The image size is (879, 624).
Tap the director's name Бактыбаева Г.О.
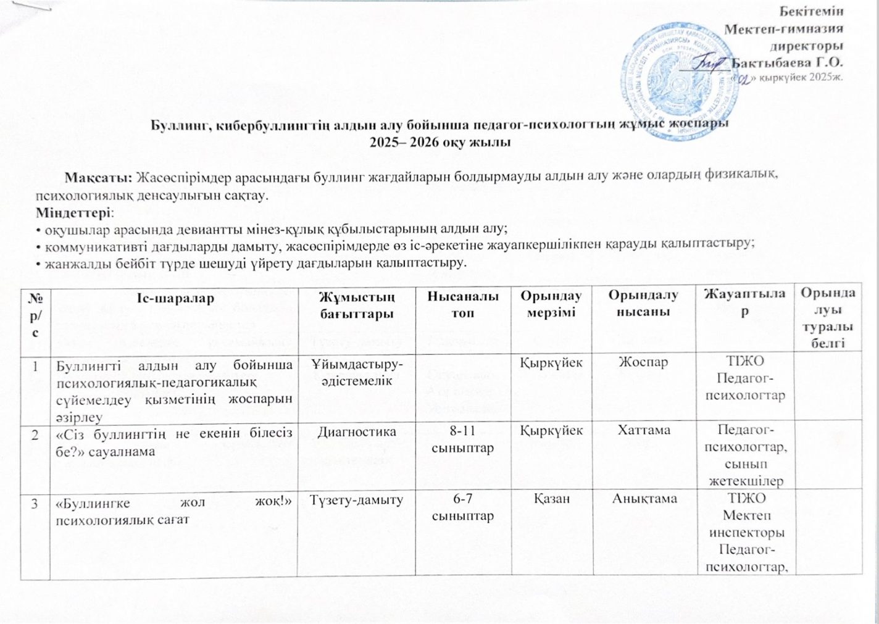click(787, 62)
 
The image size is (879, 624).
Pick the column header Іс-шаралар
click(175, 298)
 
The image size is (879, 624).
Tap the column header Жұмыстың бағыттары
click(356, 305)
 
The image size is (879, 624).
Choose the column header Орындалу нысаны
click(643, 305)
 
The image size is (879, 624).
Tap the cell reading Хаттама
click(644, 430)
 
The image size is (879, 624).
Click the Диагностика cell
click(356, 430)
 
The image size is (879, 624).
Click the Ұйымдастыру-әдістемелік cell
click(356, 371)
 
